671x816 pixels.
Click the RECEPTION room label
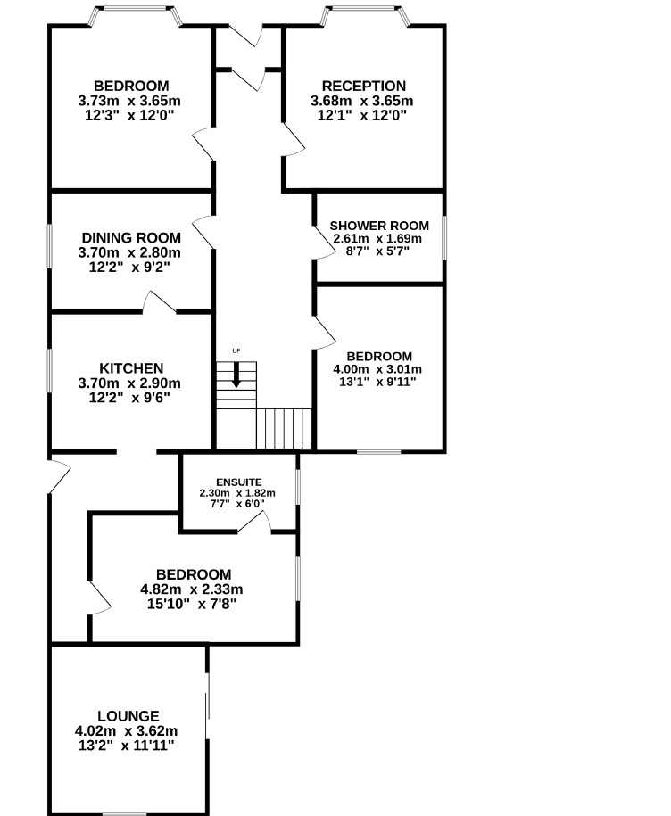tap(364, 86)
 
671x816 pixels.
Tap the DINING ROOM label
tap(131, 238)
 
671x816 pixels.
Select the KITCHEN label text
tap(131, 368)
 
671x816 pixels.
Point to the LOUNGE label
tap(128, 716)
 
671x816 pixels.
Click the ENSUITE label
tap(239, 482)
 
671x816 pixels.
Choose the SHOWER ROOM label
tap(379, 226)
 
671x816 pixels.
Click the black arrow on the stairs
tap(236, 375)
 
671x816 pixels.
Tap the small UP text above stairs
tap(236, 350)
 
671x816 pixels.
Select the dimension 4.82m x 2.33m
tap(192, 589)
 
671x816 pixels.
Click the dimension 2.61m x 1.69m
tap(377, 239)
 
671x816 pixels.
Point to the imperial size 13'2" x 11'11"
tap(127, 746)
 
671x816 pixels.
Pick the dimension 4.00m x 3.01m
tap(377, 369)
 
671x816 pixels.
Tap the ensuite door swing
tap(254, 522)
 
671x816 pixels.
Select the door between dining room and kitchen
tap(160, 301)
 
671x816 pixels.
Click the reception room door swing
tap(293, 139)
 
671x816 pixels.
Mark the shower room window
tap(444, 238)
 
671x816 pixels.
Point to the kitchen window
tap(50, 370)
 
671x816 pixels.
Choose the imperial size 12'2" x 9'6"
tap(129, 398)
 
